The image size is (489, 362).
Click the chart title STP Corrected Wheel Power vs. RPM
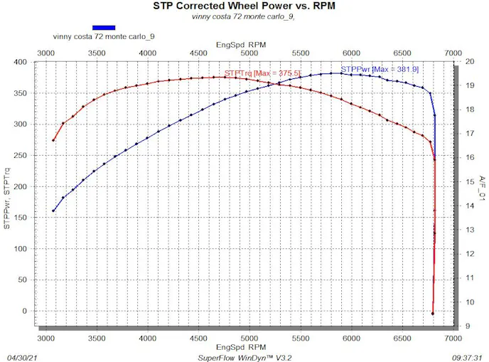coord(245,6)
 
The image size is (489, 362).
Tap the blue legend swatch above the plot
coord(103,28)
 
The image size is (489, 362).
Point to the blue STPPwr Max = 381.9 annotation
coord(370,69)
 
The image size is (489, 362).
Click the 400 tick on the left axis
coord(20,62)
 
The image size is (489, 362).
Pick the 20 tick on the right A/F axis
coord(470,62)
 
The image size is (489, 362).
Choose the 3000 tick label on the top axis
coord(45,53)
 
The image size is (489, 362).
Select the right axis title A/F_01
coord(483,189)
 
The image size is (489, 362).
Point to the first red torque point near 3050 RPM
coord(53,140)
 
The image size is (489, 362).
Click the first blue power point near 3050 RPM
coord(53,211)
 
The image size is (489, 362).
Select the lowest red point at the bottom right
coord(432,314)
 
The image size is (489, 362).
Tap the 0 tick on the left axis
coord(24,311)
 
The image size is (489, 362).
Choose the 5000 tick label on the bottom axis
coord(249,339)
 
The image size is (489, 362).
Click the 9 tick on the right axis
coord(470,326)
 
